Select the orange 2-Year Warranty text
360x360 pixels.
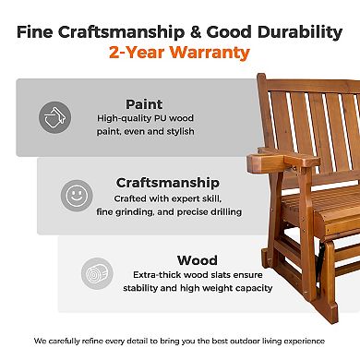click(180, 52)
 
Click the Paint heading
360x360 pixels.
click(144, 103)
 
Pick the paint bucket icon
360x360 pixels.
click(55, 117)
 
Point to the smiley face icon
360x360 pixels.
click(77, 196)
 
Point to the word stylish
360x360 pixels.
click(183, 133)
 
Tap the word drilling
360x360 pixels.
click(222, 211)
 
